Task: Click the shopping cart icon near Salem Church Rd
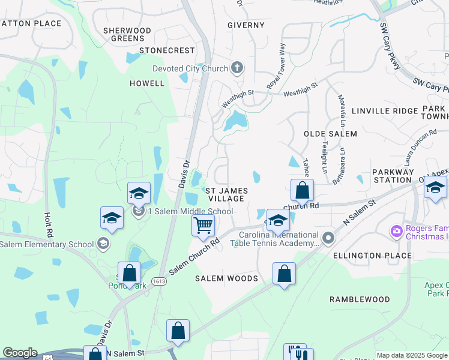coord(203,226)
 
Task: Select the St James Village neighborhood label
coord(225,194)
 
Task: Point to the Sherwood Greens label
coord(127,34)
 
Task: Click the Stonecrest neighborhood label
coord(167,51)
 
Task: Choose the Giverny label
coord(246,25)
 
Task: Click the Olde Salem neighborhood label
coord(330,134)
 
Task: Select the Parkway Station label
coord(393,176)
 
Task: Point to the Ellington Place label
coord(373,256)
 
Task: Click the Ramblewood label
coord(360,299)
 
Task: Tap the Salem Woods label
coord(227,278)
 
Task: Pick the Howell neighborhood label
coord(147,83)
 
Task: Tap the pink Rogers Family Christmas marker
coord(396,230)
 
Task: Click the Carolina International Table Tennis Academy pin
coord(328,238)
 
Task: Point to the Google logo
coord(20,353)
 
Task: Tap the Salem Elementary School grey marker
coord(103,244)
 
